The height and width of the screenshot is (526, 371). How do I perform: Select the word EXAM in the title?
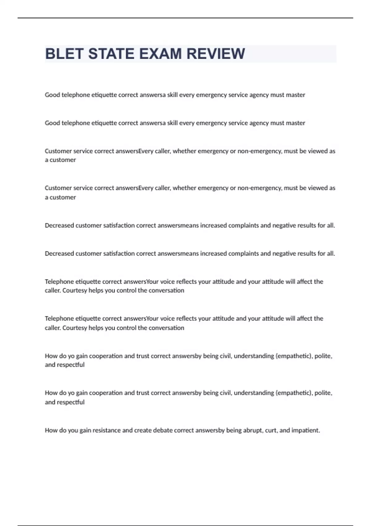[160, 54]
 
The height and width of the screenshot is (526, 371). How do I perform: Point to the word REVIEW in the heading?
[216, 54]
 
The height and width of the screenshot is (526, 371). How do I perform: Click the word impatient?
[305, 430]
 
